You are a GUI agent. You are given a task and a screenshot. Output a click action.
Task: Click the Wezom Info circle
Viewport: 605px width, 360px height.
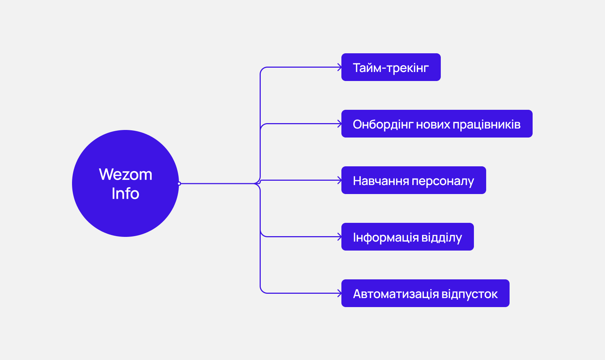click(x=125, y=183)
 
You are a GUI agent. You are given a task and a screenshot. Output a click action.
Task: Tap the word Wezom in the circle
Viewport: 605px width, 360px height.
click(x=126, y=174)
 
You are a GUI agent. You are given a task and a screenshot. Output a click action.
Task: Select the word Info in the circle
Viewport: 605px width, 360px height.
click(x=125, y=193)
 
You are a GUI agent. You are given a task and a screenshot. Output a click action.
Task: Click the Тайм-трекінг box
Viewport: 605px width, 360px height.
click(x=391, y=67)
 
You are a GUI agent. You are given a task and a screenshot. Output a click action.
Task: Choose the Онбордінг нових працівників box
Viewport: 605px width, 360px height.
click(x=437, y=124)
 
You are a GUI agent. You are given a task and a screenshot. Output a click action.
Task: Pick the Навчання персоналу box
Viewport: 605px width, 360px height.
click(x=413, y=180)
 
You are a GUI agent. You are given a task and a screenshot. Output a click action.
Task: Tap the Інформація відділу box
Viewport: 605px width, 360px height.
click(x=407, y=237)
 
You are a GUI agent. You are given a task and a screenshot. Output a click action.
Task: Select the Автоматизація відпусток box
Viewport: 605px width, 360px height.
click(x=425, y=293)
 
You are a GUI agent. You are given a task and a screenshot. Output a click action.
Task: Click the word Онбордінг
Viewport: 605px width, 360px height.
click(x=383, y=125)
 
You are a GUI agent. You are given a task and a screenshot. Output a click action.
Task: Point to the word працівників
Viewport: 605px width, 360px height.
click(x=487, y=125)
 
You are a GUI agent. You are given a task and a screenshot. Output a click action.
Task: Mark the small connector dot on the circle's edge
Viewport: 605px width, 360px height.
click(x=179, y=184)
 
